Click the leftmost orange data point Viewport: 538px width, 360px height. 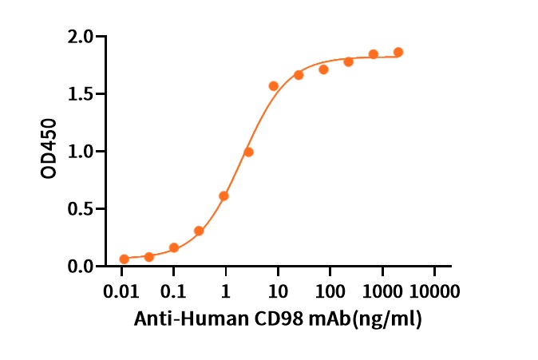click(x=124, y=259)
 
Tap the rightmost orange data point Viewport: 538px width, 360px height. click(x=398, y=52)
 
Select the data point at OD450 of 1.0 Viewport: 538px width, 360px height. click(x=249, y=152)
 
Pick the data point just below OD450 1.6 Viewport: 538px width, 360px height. click(x=274, y=85)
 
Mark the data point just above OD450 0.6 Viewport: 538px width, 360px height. click(x=224, y=196)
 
